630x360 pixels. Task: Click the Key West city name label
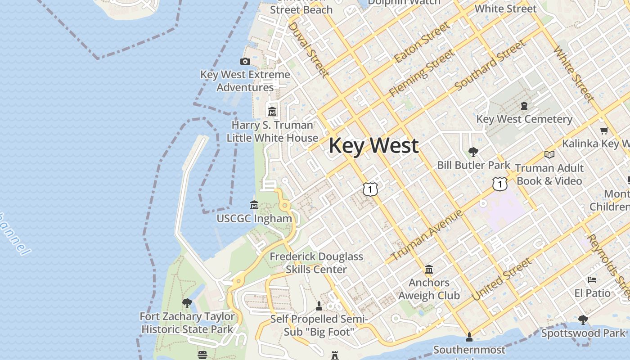click(x=373, y=146)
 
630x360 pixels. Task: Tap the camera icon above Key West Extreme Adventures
click(x=245, y=61)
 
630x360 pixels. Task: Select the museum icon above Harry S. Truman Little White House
click(x=272, y=111)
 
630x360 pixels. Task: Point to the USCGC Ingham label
click(x=254, y=219)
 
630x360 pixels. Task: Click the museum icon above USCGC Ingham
click(x=254, y=205)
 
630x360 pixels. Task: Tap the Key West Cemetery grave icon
click(x=524, y=106)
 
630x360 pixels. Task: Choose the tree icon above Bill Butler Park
click(x=473, y=152)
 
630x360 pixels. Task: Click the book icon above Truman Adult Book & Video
click(x=549, y=154)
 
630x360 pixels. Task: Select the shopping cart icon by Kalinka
click(x=604, y=130)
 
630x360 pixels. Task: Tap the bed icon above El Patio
click(x=592, y=279)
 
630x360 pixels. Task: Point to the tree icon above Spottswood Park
click(x=583, y=320)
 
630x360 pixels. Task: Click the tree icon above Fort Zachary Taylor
click(x=187, y=303)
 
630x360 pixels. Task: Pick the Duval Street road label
click(x=308, y=49)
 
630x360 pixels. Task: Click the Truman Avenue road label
click(x=426, y=235)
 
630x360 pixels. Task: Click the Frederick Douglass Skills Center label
click(x=316, y=263)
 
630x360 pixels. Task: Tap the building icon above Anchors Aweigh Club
click(x=429, y=269)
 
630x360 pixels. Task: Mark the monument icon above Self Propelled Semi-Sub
click(x=319, y=306)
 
